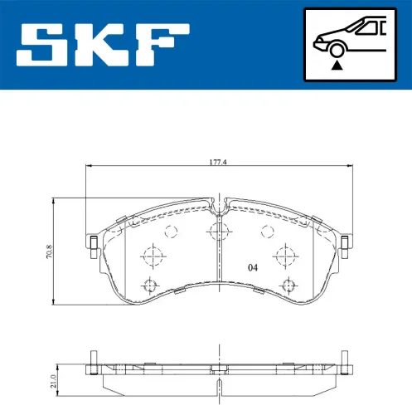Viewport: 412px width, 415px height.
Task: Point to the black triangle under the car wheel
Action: [x=335, y=64]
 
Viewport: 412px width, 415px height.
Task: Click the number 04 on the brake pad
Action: [x=252, y=268]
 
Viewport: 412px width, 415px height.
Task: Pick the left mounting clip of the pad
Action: [x=93, y=243]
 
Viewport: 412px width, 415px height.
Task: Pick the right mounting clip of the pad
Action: [x=343, y=243]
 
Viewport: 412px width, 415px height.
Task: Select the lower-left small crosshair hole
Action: [x=150, y=286]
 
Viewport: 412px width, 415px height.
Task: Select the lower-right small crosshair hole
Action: [x=288, y=286]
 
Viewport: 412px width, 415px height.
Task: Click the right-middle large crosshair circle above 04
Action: [x=287, y=253]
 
